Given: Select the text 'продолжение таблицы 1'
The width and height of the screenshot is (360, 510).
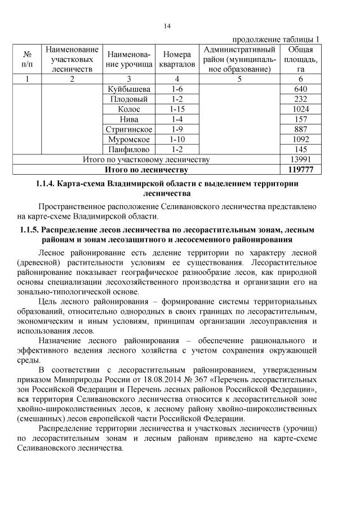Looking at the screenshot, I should [x=276, y=39].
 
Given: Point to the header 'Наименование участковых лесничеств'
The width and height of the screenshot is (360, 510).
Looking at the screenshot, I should [x=72, y=59].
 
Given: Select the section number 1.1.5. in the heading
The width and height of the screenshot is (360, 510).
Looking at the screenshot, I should [x=32, y=230].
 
